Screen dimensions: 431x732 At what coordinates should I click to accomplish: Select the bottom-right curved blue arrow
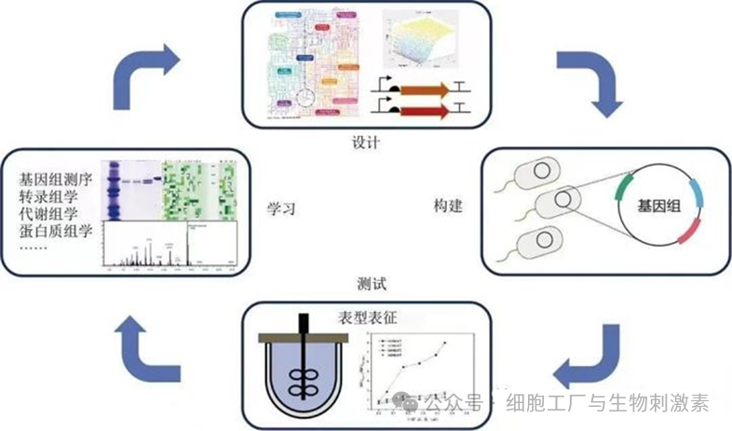588,357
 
